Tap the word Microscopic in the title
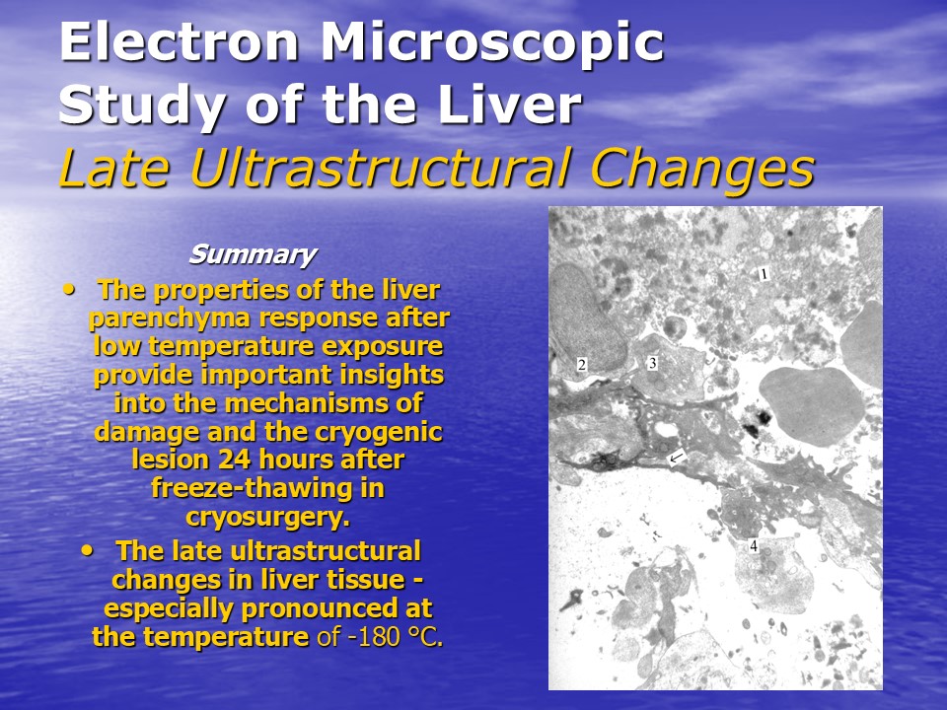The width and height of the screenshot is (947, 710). [x=492, y=42]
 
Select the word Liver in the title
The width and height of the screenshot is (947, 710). [x=509, y=105]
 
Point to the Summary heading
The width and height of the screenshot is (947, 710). [x=253, y=254]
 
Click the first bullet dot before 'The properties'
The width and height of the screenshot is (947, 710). [x=71, y=289]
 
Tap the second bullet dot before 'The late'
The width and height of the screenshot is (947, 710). [x=88, y=550]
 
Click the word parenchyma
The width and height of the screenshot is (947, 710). [x=170, y=319]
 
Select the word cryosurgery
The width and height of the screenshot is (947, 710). [x=267, y=518]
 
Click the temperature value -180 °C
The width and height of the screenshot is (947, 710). [x=395, y=636]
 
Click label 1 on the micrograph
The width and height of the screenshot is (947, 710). [x=764, y=275]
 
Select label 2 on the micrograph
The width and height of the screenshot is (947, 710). [x=582, y=365]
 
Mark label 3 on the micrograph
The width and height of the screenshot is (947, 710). [x=652, y=363]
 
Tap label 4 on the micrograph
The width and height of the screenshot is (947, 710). [x=754, y=545]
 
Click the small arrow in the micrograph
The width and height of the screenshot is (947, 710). [x=677, y=457]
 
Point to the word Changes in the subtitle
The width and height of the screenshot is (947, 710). [x=702, y=169]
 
